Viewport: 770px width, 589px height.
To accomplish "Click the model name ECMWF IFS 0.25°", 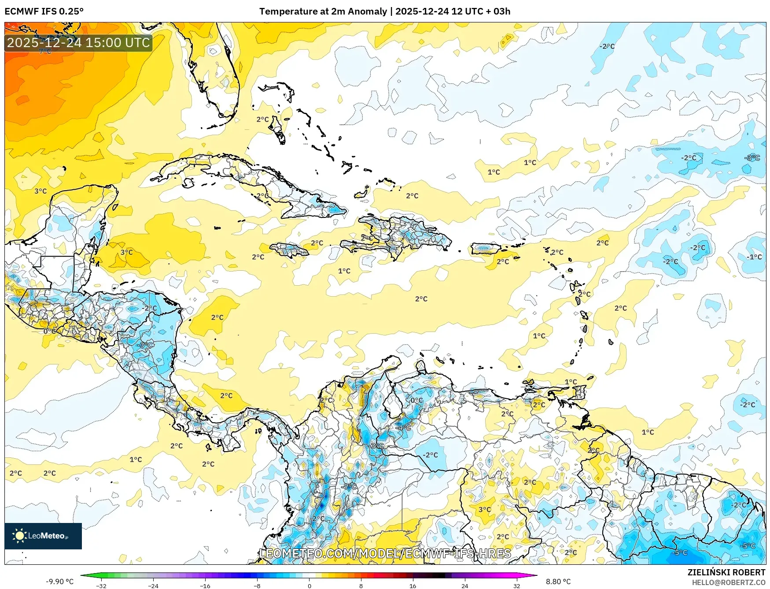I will tap(44, 11).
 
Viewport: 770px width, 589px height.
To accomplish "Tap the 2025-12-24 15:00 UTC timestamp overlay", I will tap(78, 43).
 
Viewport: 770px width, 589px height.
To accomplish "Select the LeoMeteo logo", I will tap(43, 536).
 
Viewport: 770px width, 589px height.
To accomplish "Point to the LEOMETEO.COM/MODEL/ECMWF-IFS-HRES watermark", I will tap(385, 553).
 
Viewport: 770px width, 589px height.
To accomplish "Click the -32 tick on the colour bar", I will tap(101, 585).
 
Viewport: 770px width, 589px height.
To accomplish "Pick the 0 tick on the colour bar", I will tap(309, 585).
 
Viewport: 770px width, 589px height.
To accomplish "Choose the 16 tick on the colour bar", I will tap(413, 585).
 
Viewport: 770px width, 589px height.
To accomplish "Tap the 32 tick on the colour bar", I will tap(516, 585).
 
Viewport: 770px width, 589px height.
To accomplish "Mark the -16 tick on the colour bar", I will tap(205, 585).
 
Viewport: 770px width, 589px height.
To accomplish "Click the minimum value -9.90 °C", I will tap(60, 582).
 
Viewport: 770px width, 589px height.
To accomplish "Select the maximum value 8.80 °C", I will tap(558, 582).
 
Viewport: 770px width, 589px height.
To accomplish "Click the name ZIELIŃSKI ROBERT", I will tap(726, 572).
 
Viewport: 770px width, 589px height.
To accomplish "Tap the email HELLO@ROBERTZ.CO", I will tap(729, 582).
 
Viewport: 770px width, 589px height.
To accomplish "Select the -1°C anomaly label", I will tap(754, 257).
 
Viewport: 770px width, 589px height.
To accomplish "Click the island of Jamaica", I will tap(289, 250).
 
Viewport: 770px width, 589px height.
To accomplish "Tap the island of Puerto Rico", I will tap(486, 249).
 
